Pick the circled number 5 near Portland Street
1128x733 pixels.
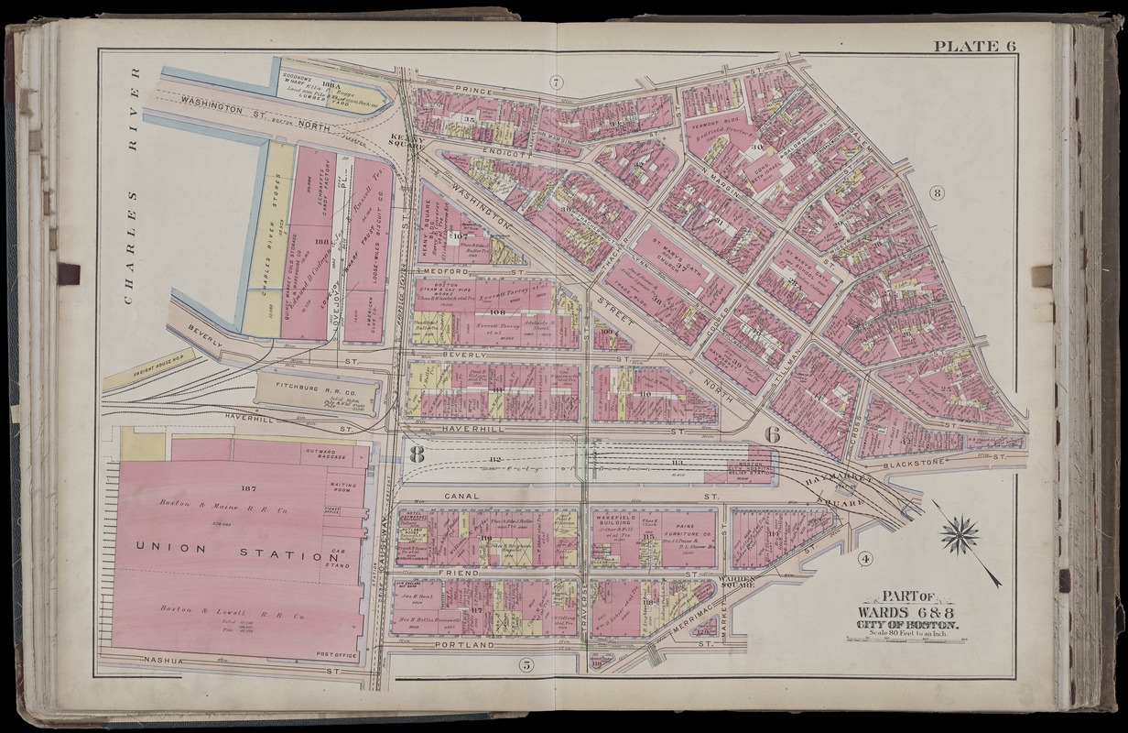[526, 664]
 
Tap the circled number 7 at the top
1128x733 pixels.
[555, 82]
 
